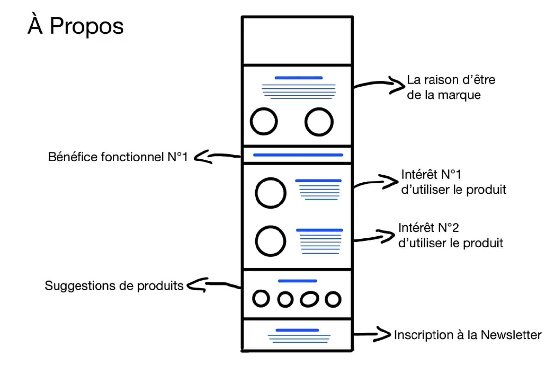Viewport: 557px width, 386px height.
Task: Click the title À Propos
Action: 76,26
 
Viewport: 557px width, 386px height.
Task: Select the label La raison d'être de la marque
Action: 451,87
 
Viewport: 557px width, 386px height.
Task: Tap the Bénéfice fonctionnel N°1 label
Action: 118,157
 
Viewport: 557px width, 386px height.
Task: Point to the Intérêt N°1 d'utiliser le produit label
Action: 454,182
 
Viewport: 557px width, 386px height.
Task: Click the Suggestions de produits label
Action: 114,286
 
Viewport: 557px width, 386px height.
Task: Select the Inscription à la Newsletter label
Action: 467,335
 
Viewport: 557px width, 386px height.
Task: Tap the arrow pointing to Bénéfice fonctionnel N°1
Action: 217,156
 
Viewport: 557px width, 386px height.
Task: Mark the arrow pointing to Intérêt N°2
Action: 374,237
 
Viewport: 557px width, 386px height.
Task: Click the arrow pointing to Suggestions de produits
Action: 213,285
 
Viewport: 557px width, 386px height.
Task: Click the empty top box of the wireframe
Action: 297,41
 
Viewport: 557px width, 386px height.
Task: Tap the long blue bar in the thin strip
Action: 298,155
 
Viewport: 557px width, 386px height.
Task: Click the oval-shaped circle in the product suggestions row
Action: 309,299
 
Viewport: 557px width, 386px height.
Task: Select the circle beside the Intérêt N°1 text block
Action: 271,193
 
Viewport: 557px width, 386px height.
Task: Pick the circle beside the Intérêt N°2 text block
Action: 271,241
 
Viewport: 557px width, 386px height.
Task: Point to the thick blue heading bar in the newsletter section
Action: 297,330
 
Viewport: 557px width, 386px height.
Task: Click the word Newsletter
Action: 511,335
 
